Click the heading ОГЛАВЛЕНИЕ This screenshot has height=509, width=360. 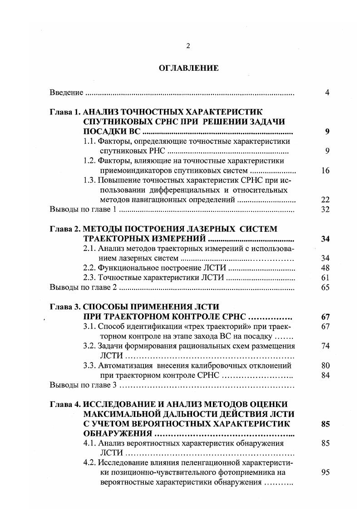(x=189, y=69)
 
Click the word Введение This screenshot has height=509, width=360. (x=66, y=93)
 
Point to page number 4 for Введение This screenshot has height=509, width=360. (x=327, y=93)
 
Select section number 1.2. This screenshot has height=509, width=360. (x=90, y=161)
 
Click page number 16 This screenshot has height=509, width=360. (x=325, y=171)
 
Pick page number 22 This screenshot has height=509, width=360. (x=325, y=200)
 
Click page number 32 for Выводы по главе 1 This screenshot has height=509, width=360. (x=325, y=210)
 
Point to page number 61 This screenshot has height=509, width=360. (x=325, y=278)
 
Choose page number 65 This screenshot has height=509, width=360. (x=325, y=288)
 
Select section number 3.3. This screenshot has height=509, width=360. (x=90, y=366)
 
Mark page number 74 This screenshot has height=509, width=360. (x=325, y=346)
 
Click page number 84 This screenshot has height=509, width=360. (x=325, y=376)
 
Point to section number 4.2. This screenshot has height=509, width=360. (x=90, y=463)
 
